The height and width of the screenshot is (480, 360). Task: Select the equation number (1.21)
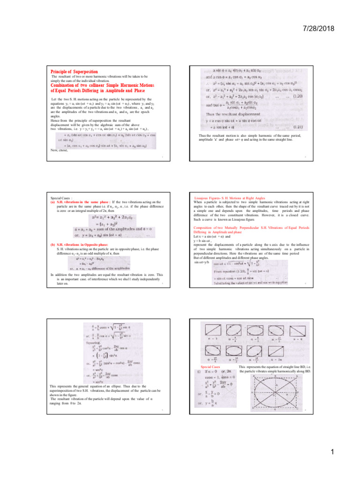click(298, 127)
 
